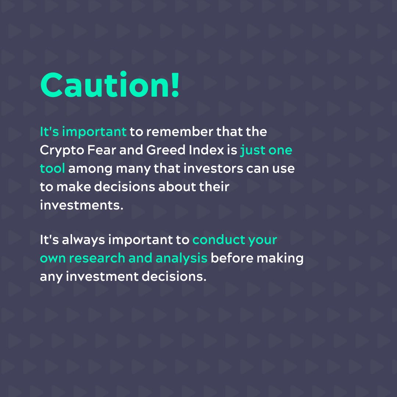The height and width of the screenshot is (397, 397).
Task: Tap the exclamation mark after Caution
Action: (x=175, y=85)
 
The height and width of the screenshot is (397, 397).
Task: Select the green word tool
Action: (x=52, y=169)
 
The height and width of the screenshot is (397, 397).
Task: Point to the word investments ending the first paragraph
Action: (x=80, y=204)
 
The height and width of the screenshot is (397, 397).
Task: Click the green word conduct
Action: (x=219, y=240)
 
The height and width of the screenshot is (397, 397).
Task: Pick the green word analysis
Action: (x=182, y=258)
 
